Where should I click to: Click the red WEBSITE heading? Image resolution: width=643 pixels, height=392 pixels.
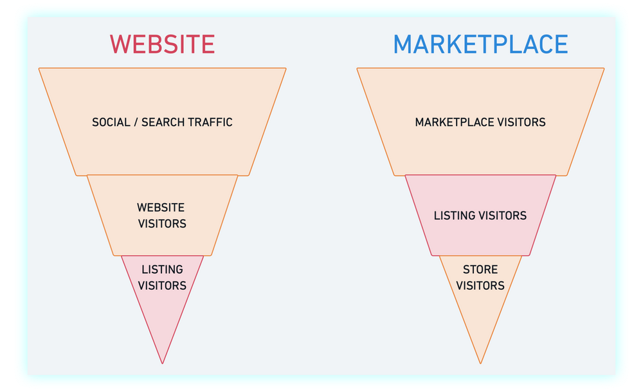tap(162, 44)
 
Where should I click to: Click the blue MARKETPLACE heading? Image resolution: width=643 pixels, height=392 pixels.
tap(480, 44)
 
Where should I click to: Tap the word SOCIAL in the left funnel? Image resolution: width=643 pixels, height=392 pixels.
tap(112, 122)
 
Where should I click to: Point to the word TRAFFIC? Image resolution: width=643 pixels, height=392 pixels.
tap(210, 122)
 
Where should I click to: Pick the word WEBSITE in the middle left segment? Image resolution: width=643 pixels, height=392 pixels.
tap(161, 208)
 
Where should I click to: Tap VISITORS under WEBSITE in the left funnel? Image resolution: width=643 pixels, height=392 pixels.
tap(162, 224)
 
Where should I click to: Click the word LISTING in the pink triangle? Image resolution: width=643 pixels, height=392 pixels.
tap(162, 269)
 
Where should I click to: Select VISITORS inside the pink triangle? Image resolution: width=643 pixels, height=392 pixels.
tap(162, 285)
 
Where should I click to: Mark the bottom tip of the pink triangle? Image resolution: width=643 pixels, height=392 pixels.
tap(163, 362)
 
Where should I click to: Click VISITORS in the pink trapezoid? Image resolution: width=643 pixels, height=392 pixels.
tap(503, 216)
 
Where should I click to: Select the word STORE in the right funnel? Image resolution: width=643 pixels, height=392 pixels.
tap(480, 269)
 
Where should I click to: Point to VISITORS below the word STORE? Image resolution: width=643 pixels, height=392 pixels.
tap(480, 285)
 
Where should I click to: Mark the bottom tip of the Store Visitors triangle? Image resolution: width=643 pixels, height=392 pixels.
tap(480, 362)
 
